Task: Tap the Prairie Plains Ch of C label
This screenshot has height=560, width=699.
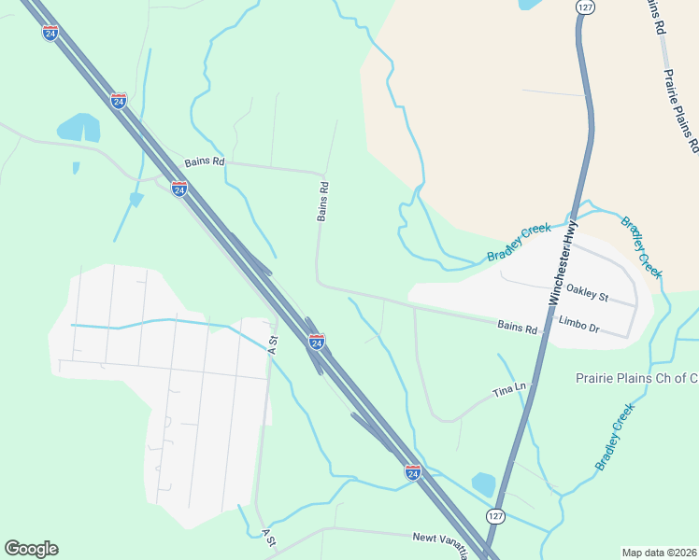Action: click(x=635, y=378)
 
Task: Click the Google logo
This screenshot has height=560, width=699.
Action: click(x=31, y=549)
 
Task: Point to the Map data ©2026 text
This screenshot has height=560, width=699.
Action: click(x=659, y=552)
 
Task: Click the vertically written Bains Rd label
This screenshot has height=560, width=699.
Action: click(x=323, y=201)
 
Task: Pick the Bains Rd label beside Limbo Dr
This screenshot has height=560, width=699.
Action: click(x=518, y=327)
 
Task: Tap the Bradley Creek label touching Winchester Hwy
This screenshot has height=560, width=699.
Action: click(x=519, y=243)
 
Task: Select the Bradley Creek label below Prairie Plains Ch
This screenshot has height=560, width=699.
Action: click(x=614, y=436)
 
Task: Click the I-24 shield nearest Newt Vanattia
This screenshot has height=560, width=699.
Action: click(x=412, y=472)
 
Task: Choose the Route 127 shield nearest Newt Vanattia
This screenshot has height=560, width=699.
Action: click(x=494, y=515)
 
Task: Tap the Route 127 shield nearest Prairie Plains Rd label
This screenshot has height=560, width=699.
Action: click(x=584, y=7)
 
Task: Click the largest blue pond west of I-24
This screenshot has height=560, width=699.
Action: click(x=79, y=128)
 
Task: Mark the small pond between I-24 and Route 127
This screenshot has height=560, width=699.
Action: click(x=483, y=484)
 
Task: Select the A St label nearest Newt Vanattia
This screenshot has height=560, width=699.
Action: click(x=270, y=537)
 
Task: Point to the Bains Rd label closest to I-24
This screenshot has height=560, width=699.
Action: click(x=205, y=161)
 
